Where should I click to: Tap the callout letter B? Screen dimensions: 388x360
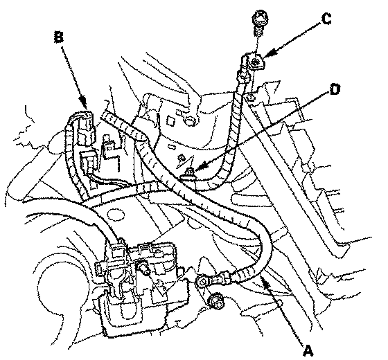point(59,37)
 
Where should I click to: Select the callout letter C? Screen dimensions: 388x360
point(326,19)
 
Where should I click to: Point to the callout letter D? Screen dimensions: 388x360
point(335,89)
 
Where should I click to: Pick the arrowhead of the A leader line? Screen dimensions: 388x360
point(265,280)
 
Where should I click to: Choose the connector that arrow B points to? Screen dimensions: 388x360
point(85,128)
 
